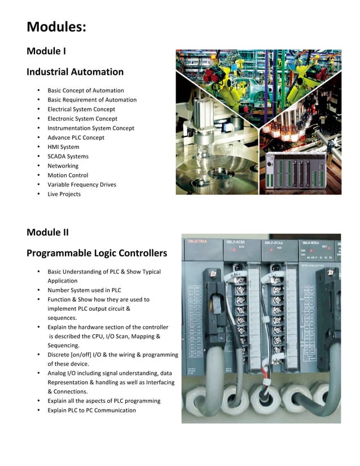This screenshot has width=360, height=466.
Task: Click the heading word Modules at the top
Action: click(56, 27)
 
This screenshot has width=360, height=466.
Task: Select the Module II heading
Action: click(47, 232)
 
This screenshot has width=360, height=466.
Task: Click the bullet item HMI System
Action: click(63, 147)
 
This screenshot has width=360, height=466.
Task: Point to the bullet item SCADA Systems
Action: click(68, 156)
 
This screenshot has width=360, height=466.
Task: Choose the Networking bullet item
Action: click(63, 166)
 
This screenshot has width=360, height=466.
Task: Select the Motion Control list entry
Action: click(68, 175)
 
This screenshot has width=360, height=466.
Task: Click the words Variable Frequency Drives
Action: click(82, 184)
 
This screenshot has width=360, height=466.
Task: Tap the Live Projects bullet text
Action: click(64, 194)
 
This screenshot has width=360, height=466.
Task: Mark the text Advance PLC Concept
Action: click(76, 137)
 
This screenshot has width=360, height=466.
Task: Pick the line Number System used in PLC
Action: click(84, 290)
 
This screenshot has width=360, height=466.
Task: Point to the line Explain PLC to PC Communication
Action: click(91, 410)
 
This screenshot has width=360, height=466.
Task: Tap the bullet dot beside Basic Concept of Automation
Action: click(38, 90)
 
